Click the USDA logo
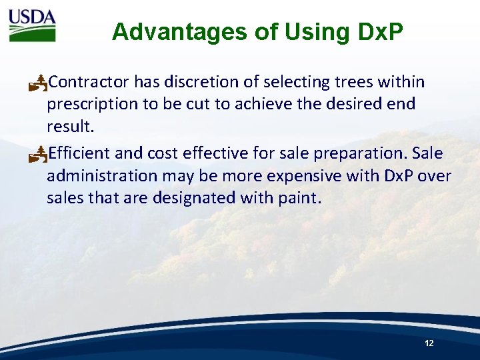32,25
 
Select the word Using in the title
309,32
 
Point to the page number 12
429,343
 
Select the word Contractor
89,82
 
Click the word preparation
360,153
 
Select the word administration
102,175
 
